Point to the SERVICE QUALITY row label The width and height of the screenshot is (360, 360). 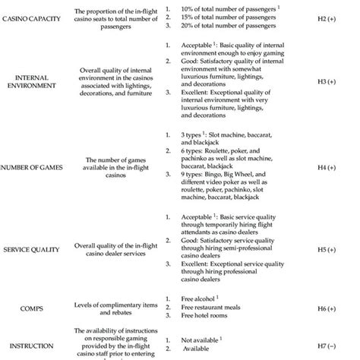coord(30,248)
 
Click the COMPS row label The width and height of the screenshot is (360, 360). coord(30,309)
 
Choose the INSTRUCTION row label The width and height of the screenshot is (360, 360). coord(31,348)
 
